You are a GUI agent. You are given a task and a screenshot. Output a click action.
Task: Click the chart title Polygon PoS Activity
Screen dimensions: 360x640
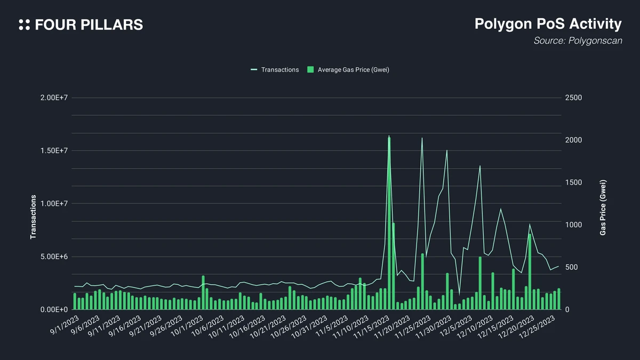pos(548,24)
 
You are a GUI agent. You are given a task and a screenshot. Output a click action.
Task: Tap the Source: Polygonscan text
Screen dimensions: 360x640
pos(578,41)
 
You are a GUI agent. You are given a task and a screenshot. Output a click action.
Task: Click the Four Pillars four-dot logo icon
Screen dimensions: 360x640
pos(24,25)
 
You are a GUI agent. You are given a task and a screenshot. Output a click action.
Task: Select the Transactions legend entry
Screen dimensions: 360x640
pos(275,70)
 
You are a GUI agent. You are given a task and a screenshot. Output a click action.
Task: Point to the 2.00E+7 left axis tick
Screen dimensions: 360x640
pos(53,98)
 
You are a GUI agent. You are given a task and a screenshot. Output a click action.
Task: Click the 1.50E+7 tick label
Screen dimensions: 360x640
pos(53,151)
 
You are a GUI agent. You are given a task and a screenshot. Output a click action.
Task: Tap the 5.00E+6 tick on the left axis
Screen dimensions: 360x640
pos(53,257)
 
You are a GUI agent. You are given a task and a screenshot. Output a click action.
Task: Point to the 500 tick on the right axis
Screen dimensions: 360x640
pos(572,267)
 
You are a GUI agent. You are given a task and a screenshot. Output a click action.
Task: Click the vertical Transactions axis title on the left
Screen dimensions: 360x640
pos(33,217)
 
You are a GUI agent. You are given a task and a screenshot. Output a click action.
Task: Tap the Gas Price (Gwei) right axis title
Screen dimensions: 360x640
pos(603,207)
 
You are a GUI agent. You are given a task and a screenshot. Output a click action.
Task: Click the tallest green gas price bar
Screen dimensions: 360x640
pos(389,224)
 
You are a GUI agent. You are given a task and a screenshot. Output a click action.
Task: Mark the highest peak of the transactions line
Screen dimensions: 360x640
pos(389,136)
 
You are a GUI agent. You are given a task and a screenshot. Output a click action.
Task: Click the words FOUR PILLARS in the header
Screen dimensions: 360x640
pos(89,25)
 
